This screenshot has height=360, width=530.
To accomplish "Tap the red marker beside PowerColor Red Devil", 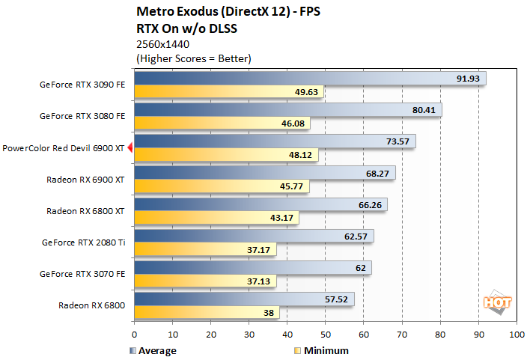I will coord(130,148).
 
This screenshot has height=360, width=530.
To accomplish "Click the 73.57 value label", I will coord(397,141).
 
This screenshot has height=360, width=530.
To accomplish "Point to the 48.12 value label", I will coord(301,156).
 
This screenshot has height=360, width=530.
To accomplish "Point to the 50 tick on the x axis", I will coord(325,335).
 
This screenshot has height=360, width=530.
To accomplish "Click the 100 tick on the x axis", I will coord(516,335).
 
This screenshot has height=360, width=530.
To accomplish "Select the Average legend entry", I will coord(153,350).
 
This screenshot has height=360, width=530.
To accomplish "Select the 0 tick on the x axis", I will coord(134,335).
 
